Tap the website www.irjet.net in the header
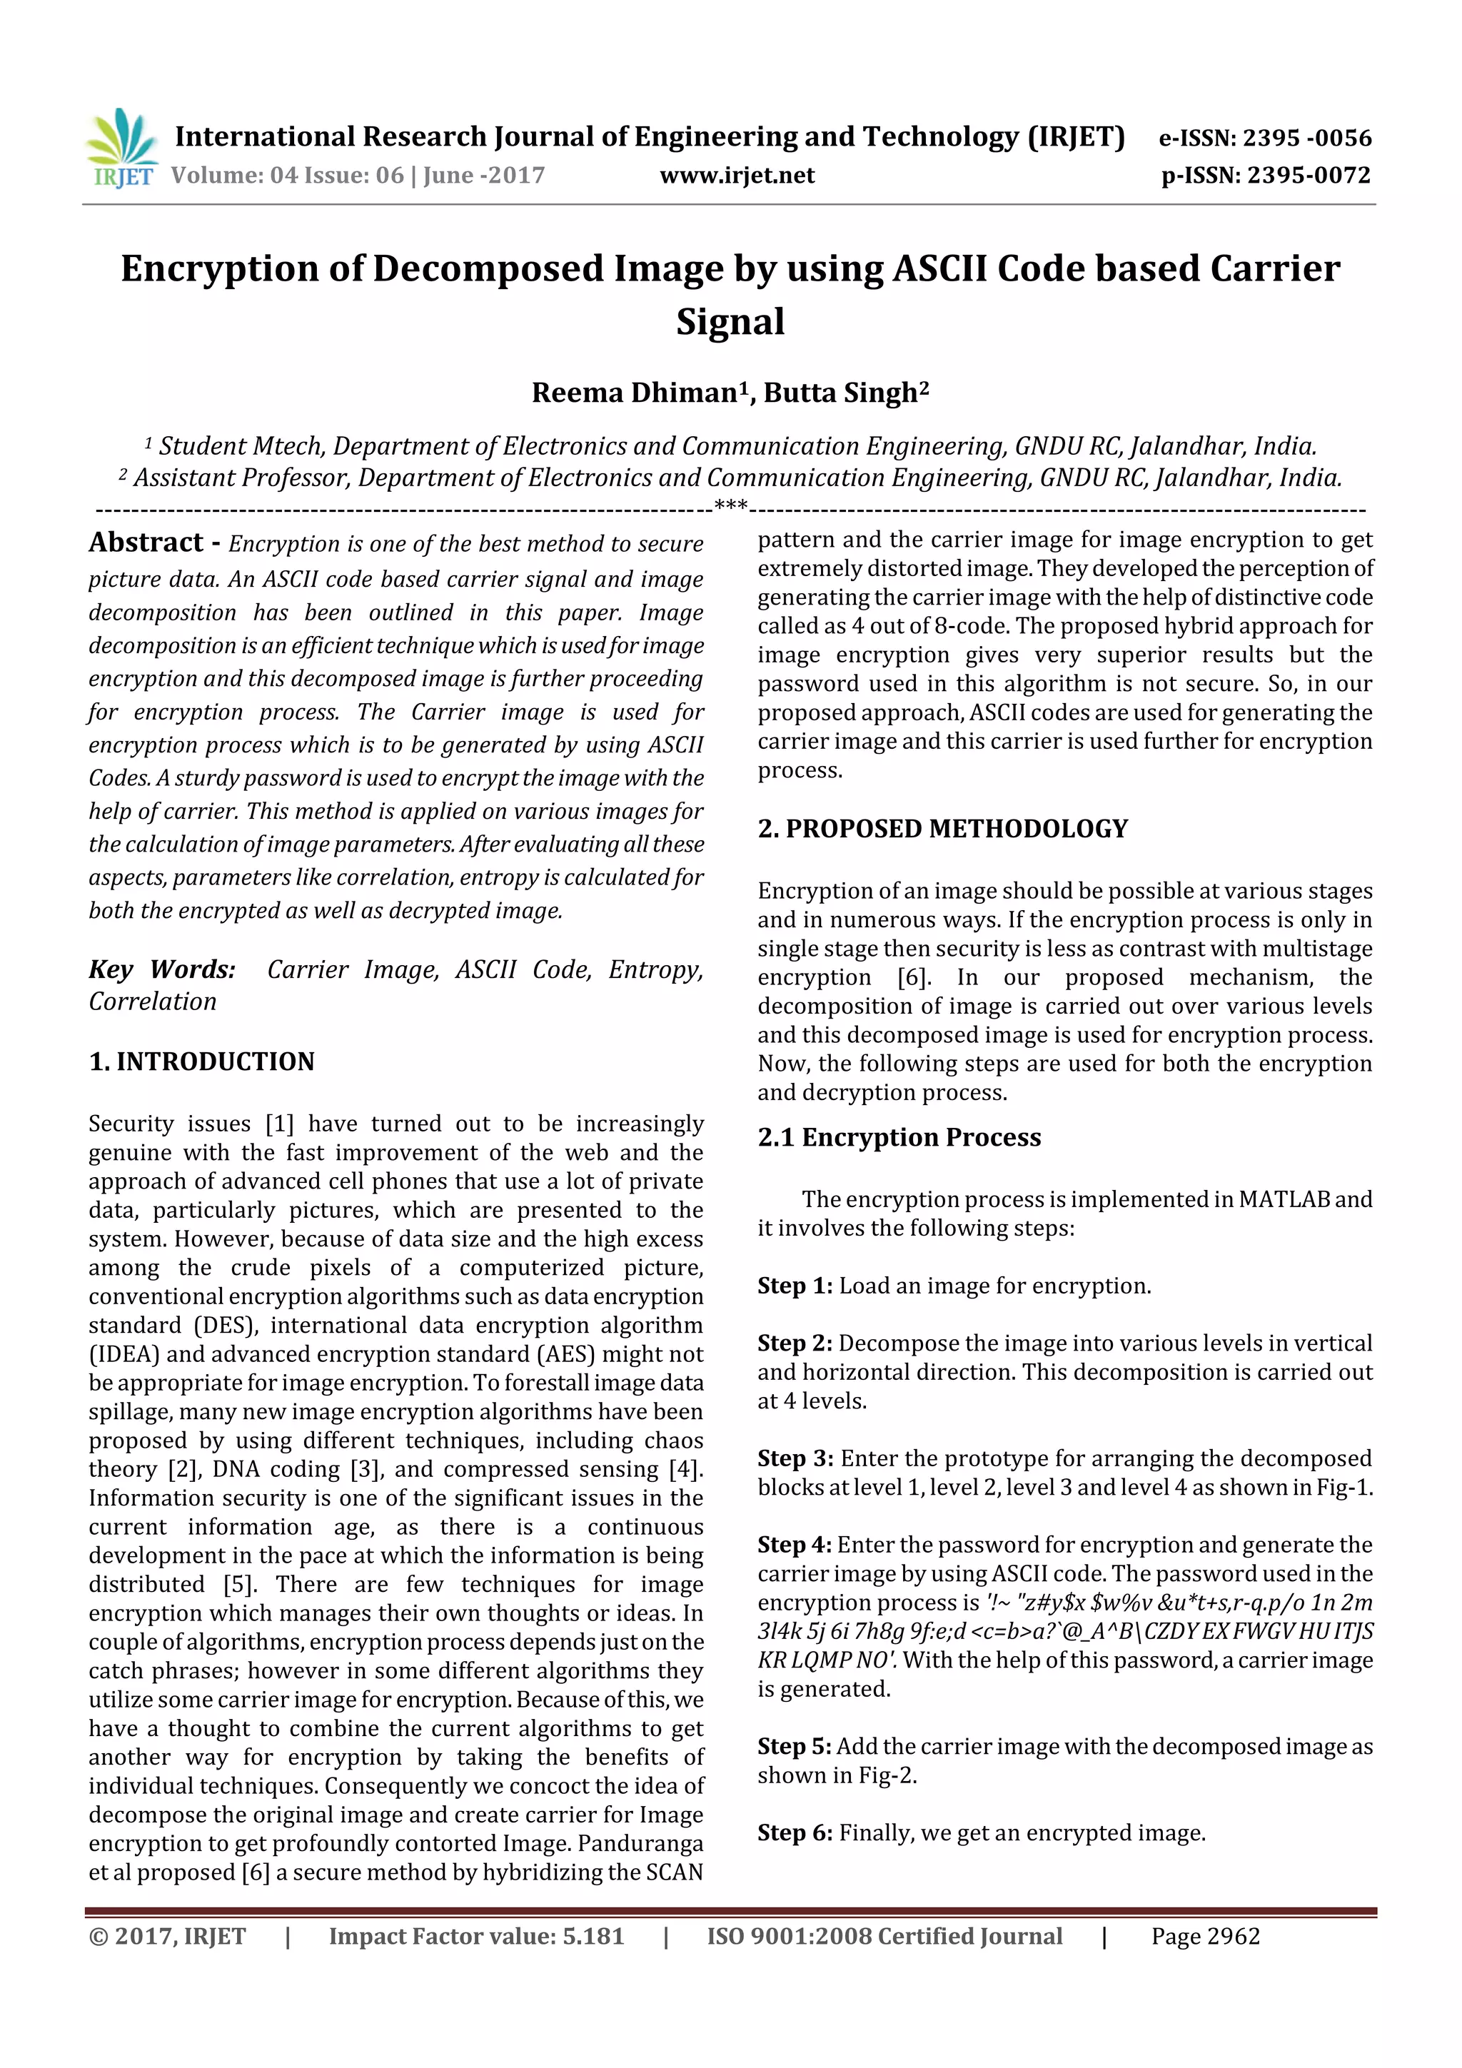737,175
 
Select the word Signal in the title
730,321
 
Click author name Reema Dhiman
633,393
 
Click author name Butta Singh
840,393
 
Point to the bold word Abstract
146,543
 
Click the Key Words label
162,969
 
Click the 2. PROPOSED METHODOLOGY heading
942,829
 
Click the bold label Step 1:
795,1286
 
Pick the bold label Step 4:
794,1545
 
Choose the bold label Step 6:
795,1833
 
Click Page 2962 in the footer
1205,1936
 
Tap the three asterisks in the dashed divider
730,506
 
